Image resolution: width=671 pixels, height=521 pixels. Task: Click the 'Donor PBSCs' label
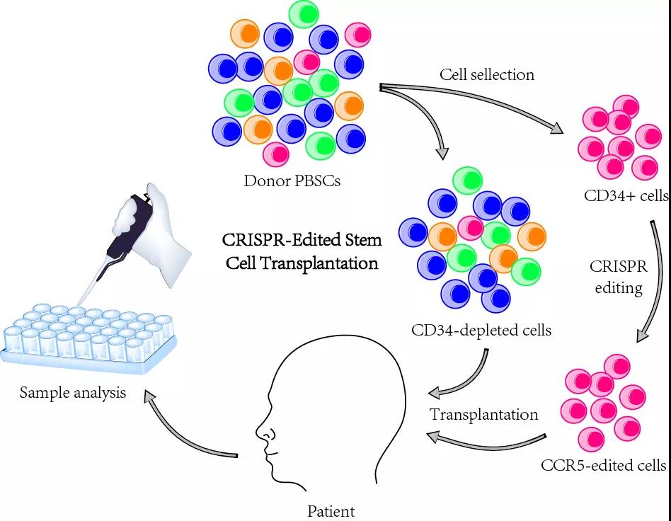click(292, 181)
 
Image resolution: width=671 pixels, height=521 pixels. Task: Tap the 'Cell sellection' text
click(487, 74)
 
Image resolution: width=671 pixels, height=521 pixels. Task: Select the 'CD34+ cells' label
click(626, 195)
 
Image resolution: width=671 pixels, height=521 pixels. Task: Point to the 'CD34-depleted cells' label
click(481, 330)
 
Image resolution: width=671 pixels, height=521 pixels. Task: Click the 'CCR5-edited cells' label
click(604, 465)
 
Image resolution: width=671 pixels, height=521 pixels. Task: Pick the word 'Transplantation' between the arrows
click(484, 414)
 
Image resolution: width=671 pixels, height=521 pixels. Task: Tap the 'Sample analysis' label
click(73, 393)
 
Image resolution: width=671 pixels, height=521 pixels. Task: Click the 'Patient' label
click(331, 511)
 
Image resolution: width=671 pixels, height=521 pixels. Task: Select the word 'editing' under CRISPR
click(619, 287)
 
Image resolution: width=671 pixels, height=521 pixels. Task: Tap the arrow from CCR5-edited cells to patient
click(486, 442)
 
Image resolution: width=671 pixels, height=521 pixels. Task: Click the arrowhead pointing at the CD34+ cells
click(556, 128)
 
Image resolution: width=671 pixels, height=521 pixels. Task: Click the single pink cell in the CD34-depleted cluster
click(471, 228)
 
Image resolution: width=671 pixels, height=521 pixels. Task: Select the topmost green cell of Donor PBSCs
click(304, 13)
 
